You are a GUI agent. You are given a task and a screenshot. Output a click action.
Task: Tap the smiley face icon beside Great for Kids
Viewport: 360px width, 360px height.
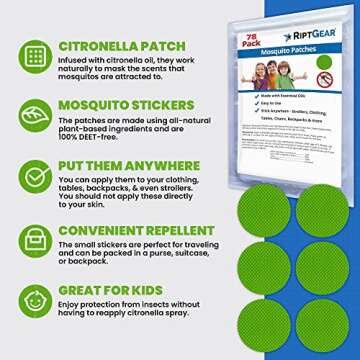pos(34,300)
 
